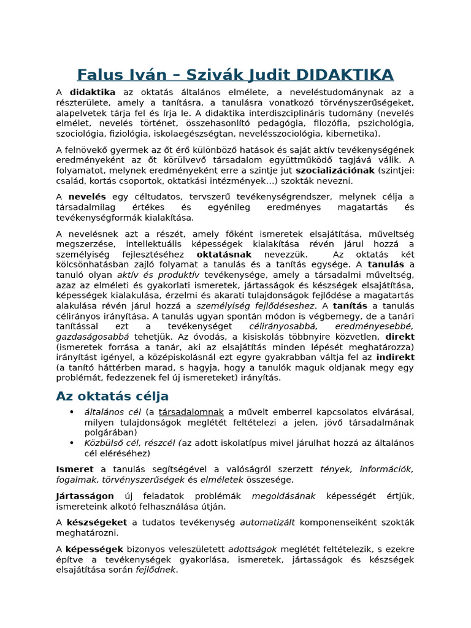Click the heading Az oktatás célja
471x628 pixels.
(x=112, y=396)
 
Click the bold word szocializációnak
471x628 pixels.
(x=334, y=170)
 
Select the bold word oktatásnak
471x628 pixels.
(x=224, y=254)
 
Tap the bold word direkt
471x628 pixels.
(x=399, y=337)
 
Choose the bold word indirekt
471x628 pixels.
(x=395, y=357)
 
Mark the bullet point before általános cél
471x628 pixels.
(x=72, y=412)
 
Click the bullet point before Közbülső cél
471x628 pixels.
(x=72, y=443)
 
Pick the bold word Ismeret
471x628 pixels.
(x=75, y=469)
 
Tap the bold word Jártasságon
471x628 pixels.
(x=85, y=496)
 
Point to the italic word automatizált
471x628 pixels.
(x=267, y=523)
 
